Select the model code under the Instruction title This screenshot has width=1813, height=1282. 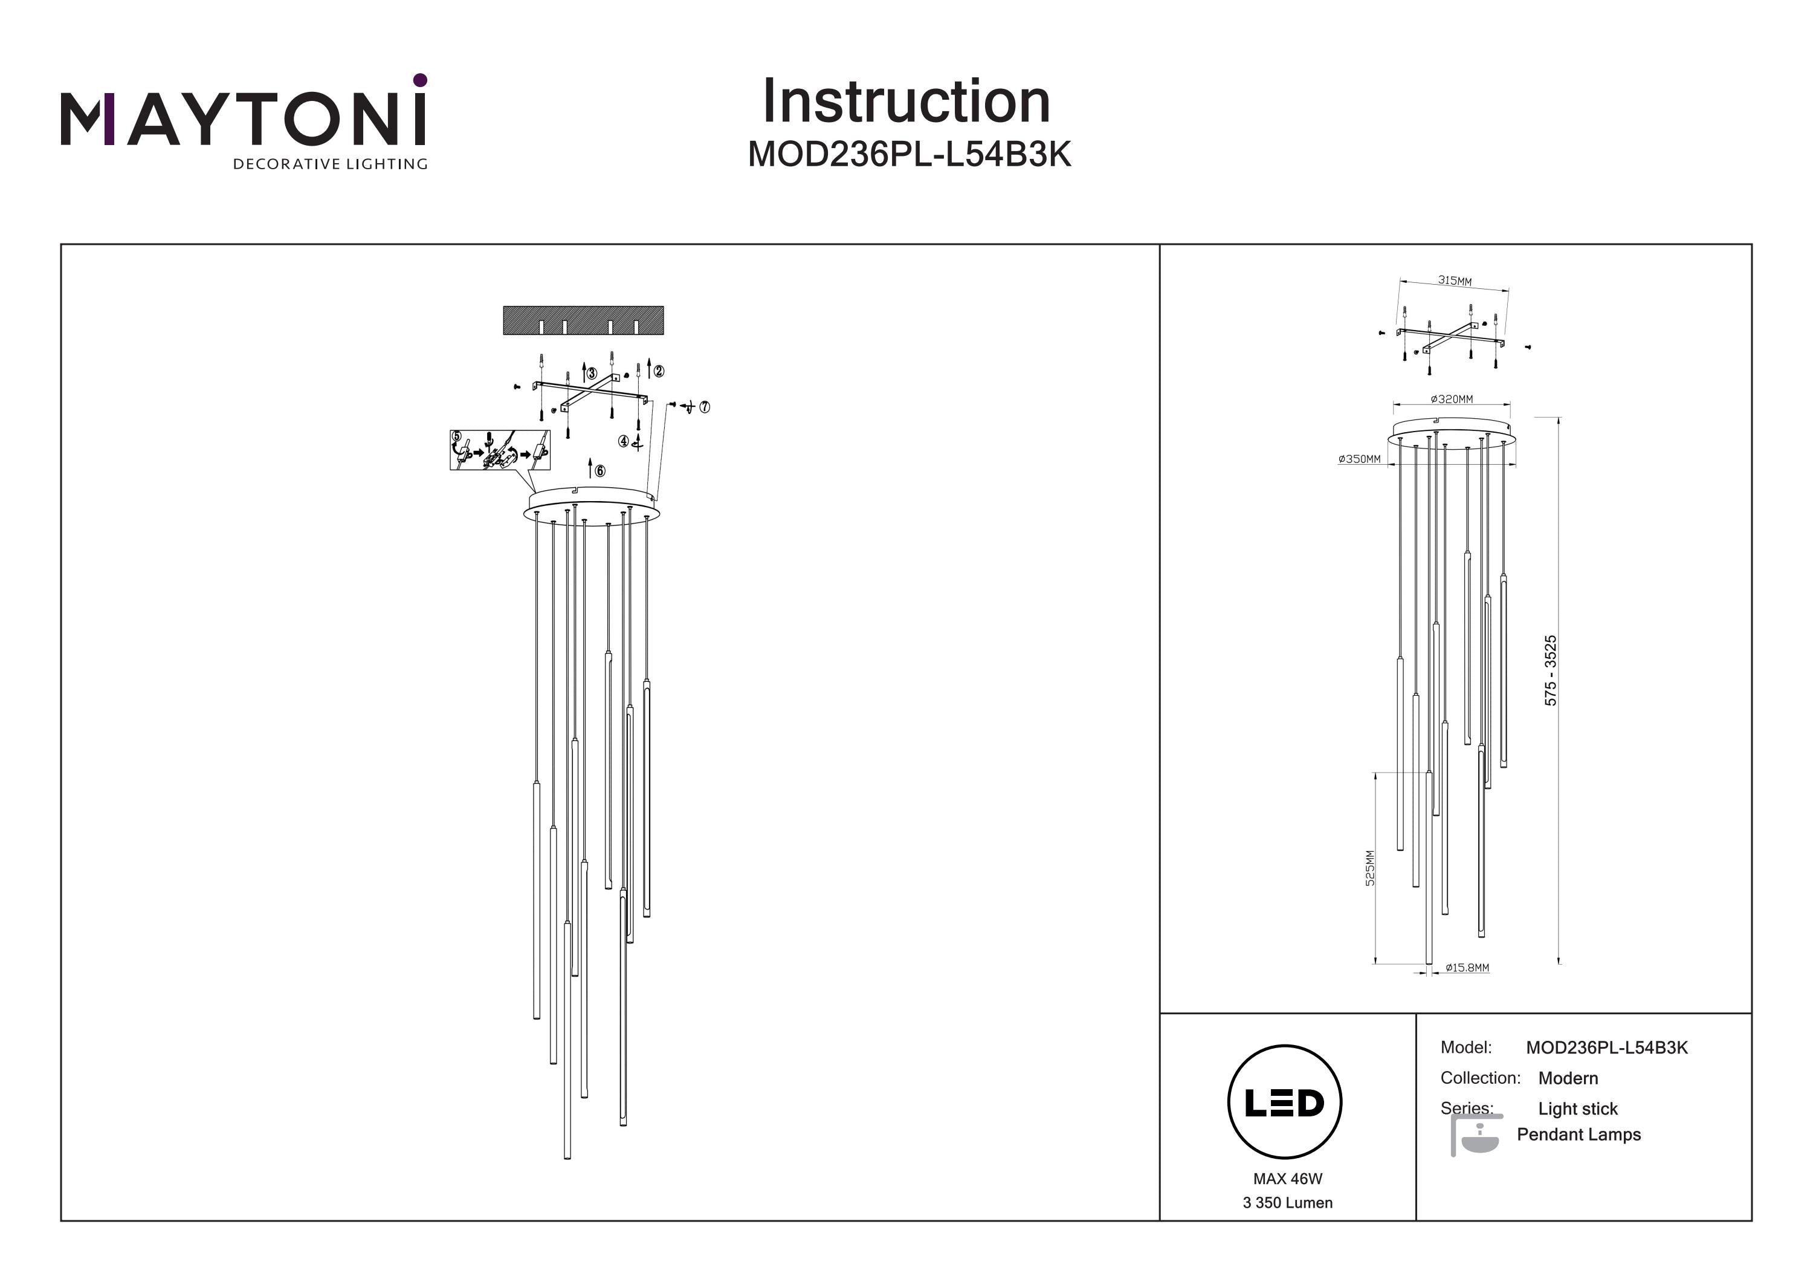(909, 155)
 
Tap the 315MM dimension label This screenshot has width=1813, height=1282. (1453, 280)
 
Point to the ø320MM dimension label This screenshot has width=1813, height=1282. (1452, 400)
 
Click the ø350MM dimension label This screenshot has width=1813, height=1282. (1360, 459)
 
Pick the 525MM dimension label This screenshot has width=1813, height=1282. (1370, 867)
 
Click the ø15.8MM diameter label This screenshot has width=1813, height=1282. (1467, 968)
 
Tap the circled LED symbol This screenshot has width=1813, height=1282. (1285, 1102)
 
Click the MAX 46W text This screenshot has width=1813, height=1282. (1287, 1179)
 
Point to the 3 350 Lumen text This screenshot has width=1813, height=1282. (1287, 1203)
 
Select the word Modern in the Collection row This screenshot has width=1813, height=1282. (1568, 1078)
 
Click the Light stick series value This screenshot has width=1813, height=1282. (1578, 1109)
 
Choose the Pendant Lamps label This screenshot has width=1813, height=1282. (1579, 1135)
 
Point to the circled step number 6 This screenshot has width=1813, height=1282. (600, 471)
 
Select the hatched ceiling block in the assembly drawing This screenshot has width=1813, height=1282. (584, 320)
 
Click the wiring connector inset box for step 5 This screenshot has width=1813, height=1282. (499, 450)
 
